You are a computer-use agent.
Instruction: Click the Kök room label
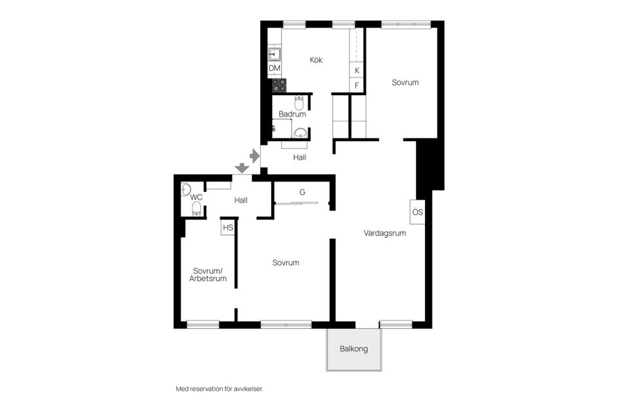[315, 60]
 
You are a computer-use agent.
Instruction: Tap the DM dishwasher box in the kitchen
[274, 68]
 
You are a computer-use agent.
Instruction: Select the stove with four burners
[279, 85]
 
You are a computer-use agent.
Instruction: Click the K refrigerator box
[357, 70]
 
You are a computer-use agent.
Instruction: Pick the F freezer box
[357, 85]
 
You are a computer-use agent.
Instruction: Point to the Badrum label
[292, 114]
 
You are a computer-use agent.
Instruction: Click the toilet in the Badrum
[299, 103]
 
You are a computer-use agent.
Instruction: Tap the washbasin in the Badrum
[300, 133]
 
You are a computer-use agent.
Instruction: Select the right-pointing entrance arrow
[254, 155]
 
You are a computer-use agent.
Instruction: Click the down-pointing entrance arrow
[241, 168]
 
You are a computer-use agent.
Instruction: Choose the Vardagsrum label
[384, 234]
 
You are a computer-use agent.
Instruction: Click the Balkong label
[353, 349]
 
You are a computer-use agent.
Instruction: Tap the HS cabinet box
[227, 228]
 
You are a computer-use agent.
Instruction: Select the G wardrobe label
[302, 192]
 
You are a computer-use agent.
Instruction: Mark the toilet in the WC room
[196, 208]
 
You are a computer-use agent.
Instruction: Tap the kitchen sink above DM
[274, 54]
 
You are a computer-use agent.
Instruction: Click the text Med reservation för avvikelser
[220, 389]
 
